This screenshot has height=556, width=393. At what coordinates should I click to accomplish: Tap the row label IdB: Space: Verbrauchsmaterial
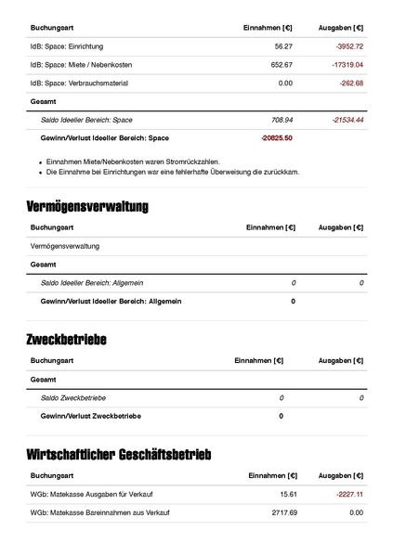point(79,83)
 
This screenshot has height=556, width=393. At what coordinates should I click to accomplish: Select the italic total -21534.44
point(347,120)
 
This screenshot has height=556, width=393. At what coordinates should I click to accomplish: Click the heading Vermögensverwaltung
point(87,205)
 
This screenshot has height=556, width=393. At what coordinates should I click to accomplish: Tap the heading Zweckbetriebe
point(66,340)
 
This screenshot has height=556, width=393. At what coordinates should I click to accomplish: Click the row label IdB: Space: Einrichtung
point(67,45)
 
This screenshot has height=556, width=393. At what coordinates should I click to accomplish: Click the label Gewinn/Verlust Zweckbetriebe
point(90,416)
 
